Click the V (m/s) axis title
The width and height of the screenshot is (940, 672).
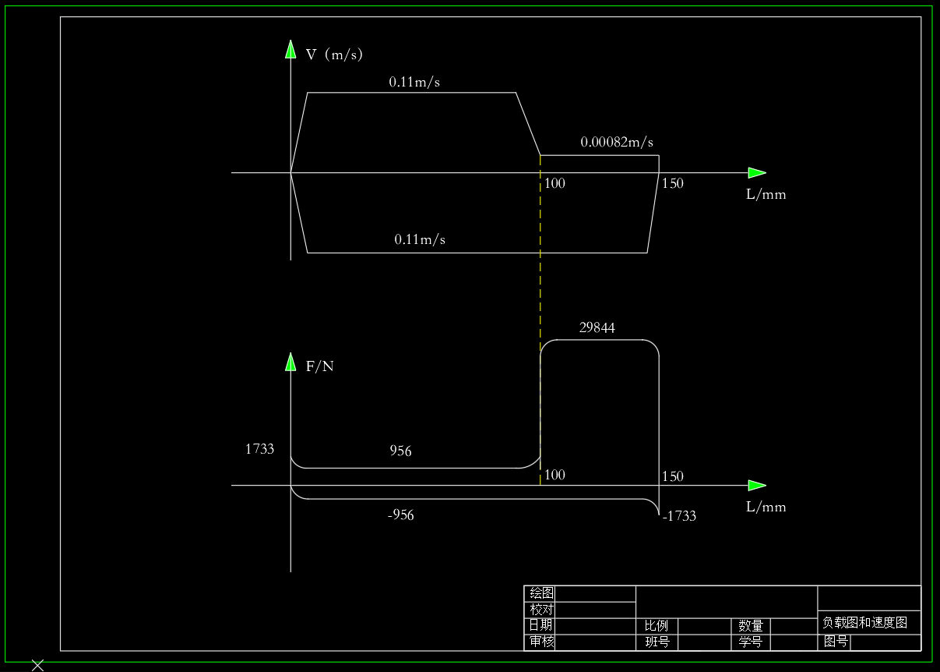coord(334,55)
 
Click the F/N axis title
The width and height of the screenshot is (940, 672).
coord(320,366)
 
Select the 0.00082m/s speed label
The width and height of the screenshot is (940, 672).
coord(617,142)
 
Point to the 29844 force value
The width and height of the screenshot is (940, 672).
coord(597,327)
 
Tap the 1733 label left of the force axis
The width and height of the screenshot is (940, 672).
coord(260,449)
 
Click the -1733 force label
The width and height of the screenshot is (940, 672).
coord(679,516)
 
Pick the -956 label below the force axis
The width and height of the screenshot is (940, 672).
coord(401,515)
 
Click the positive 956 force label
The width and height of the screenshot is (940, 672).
coord(400,451)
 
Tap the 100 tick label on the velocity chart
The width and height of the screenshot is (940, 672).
coord(554,183)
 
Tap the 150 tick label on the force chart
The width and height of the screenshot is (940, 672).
coord(673,476)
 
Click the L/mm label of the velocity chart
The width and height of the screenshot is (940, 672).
coord(766,194)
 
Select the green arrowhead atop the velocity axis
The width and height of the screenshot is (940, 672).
coord(290,49)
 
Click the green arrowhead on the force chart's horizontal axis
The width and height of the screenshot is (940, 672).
coord(757,486)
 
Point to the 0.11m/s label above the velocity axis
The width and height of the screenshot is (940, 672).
coord(414,82)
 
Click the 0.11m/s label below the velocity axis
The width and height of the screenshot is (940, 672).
coord(420,239)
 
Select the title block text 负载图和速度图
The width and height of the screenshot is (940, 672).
coord(865,622)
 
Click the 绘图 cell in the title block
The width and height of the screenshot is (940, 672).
coord(541,593)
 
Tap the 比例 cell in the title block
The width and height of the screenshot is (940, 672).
coord(657,626)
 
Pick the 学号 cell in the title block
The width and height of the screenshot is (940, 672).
coord(750,642)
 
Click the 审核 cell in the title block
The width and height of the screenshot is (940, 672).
coord(541,642)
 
